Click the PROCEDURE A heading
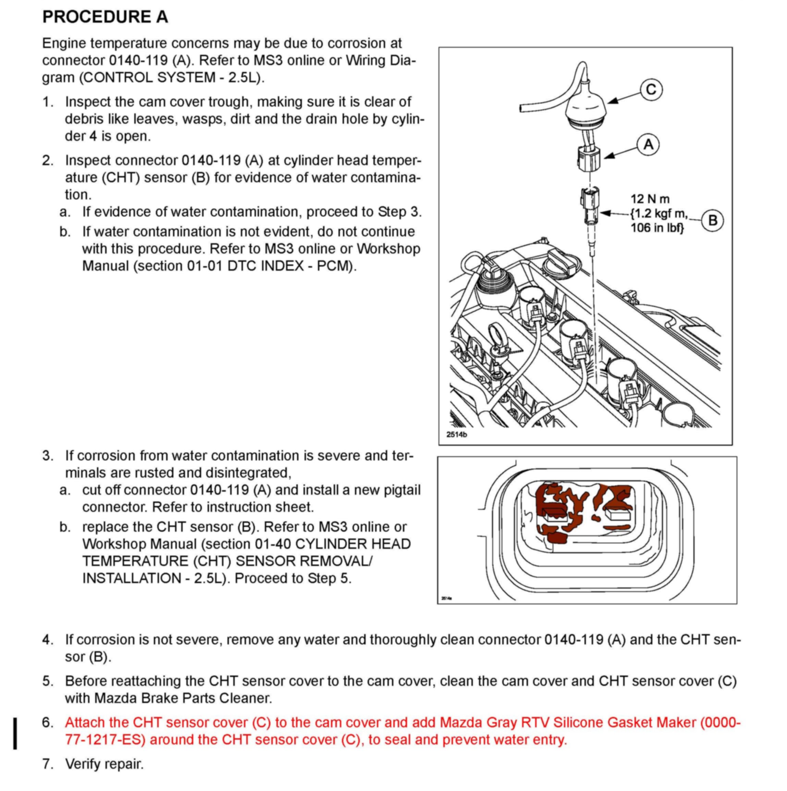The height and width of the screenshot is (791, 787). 105,17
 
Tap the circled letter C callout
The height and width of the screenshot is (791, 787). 651,90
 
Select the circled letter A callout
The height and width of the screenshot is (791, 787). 648,145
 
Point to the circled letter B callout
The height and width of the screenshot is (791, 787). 712,220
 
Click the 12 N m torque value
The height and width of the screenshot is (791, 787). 650,199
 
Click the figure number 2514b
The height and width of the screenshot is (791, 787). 457,434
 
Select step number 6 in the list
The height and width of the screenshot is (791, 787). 48,722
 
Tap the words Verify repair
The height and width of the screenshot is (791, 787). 104,764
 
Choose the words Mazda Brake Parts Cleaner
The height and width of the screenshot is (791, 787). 183,698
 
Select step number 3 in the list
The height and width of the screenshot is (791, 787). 48,455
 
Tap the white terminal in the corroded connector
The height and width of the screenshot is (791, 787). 619,514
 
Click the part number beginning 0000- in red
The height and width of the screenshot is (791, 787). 720,722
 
